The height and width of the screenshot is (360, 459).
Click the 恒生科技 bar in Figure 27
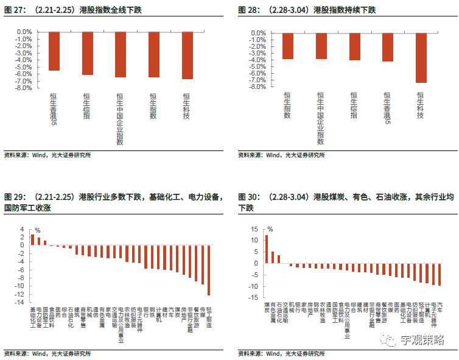pos(187,55)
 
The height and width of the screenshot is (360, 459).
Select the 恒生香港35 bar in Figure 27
pos(54,51)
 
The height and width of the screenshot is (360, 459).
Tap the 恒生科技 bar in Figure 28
pos(421,57)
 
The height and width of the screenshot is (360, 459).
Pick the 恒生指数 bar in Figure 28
pos(288,46)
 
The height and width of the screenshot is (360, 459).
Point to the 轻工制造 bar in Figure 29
pos(209,270)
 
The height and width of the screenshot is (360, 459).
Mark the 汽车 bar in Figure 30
pos(440,275)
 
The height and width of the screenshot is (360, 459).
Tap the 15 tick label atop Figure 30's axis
pos(256,230)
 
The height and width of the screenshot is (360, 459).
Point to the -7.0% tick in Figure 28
pos(258,80)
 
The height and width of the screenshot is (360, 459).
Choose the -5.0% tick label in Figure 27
pos(24,66)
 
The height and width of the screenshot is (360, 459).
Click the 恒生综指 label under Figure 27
pos(87,106)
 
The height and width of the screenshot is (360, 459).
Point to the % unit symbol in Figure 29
pos(37,230)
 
